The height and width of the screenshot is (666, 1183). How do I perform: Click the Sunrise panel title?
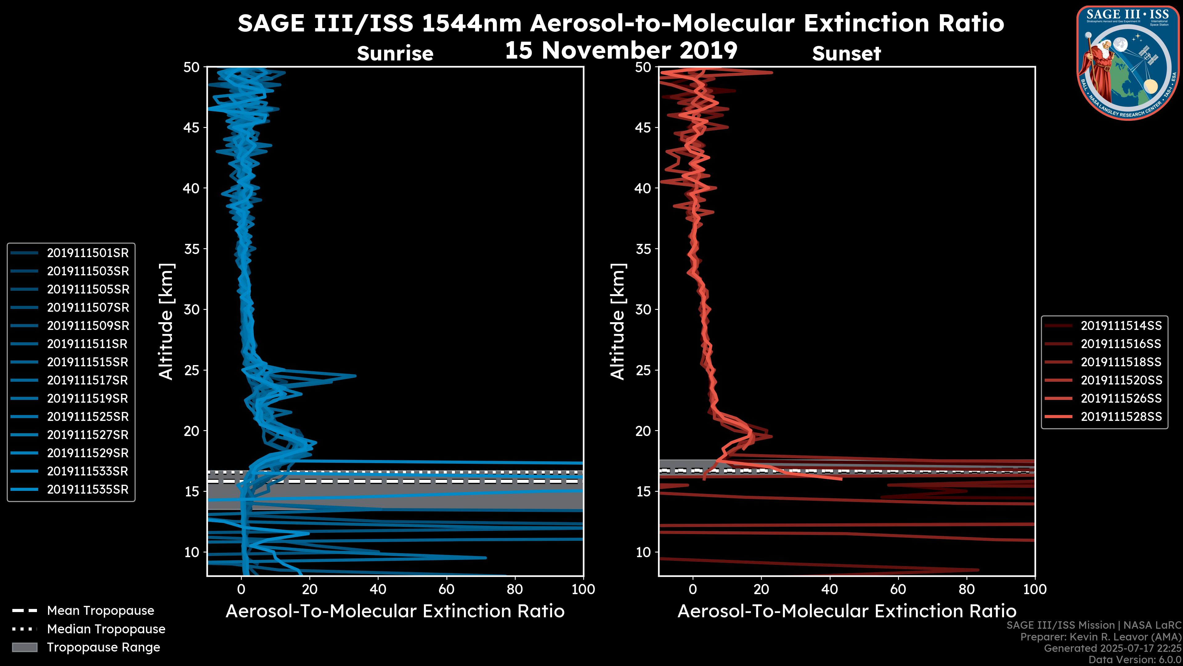point(395,54)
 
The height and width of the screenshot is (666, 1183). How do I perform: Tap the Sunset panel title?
point(846,54)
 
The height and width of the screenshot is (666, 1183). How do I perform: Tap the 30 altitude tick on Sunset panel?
point(643,309)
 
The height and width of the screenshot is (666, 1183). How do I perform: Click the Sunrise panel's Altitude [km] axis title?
point(166,321)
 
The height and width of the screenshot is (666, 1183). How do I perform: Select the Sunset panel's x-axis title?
point(846,611)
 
